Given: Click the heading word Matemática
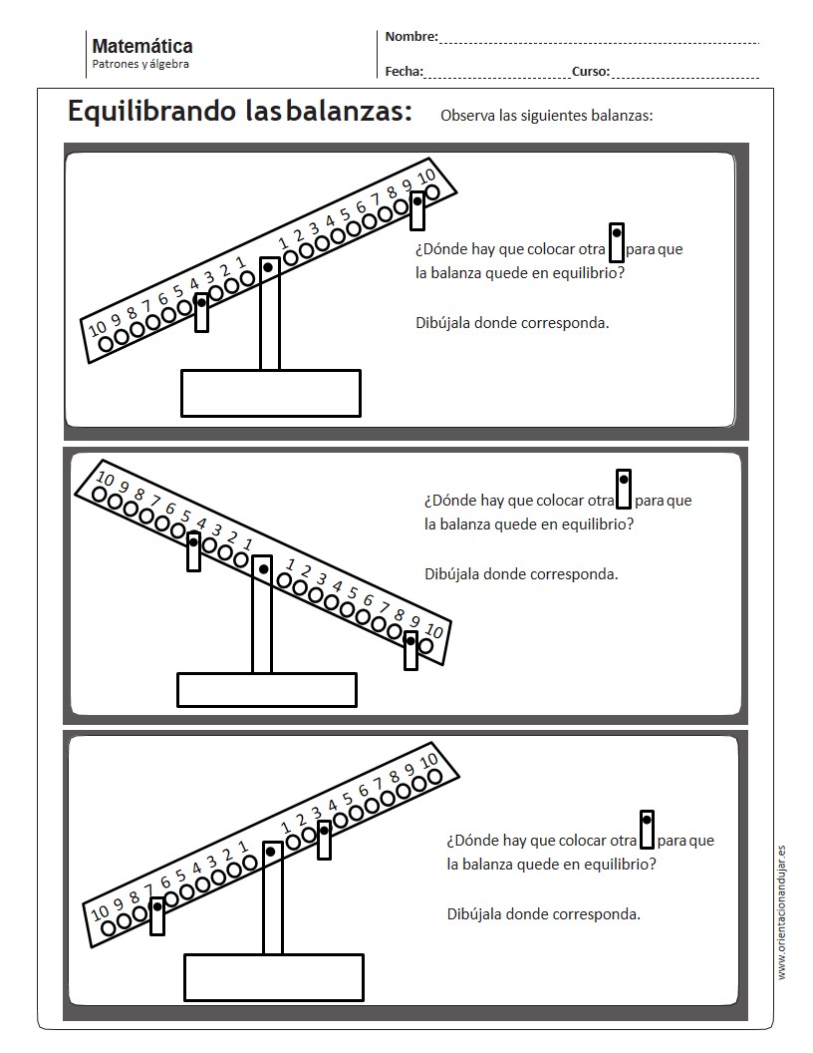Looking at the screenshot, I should point(141,46).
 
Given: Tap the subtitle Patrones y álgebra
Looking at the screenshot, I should point(140,65).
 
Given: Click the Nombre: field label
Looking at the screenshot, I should point(410,37).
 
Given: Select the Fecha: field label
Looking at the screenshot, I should point(404,72).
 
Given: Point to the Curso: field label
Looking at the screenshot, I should point(590,72).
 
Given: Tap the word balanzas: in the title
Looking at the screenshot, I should point(349,112).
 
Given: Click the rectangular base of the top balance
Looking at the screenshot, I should point(270,393).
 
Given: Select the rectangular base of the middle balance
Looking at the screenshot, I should point(266,689).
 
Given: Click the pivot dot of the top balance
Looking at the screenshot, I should point(268,267).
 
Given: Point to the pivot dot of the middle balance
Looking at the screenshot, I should point(263,569).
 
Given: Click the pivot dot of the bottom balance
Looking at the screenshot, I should point(271,851).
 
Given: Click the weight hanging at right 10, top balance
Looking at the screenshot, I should point(418,210).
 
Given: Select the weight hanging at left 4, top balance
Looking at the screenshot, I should point(201,311).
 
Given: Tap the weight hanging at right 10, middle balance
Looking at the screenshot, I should point(411,649).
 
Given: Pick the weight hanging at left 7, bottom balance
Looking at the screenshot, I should point(157,915).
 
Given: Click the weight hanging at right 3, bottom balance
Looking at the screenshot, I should point(324,840).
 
